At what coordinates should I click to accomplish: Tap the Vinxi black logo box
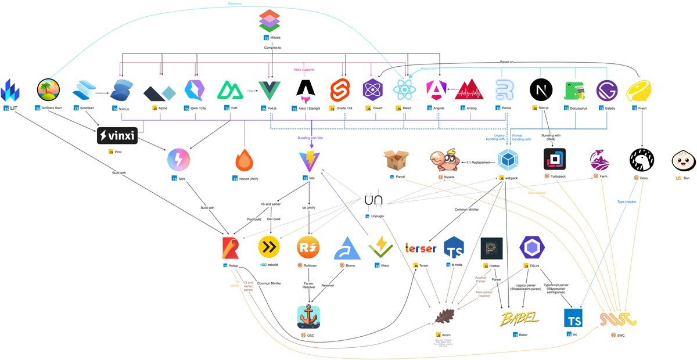pos(118,136)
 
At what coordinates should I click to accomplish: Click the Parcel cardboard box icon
pos(397,160)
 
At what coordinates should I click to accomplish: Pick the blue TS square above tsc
pos(573,318)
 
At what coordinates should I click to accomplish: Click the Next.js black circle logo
pos(541,91)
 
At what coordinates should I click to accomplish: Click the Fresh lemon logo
pos(638,91)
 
